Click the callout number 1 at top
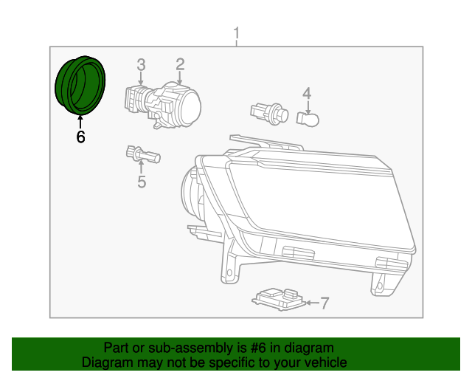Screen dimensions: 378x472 click(x=236, y=33)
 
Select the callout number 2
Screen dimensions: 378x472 click(x=180, y=65)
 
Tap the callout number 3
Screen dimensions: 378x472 click(x=141, y=65)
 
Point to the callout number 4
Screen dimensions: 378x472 click(x=307, y=93)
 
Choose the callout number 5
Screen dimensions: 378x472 click(x=142, y=181)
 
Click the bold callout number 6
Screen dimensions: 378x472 click(x=80, y=137)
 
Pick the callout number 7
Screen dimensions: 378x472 click(x=324, y=303)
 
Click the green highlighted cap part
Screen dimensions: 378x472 click(x=80, y=84)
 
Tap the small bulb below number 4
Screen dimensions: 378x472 click(x=308, y=118)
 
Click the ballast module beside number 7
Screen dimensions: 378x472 click(x=278, y=299)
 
